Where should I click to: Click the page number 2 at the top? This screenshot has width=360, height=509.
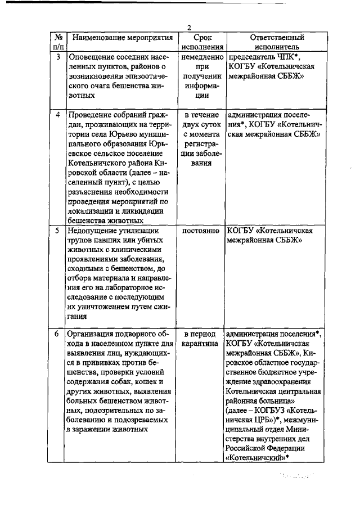[x=190, y=28]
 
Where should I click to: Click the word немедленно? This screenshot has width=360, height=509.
[x=202, y=57]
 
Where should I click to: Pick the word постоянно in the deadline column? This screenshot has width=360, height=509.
[x=202, y=230]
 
